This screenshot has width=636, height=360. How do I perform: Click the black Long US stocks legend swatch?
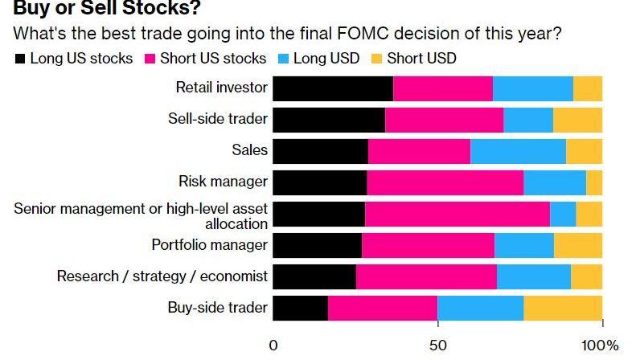point(20,59)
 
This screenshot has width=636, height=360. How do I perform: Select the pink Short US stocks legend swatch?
point(150,59)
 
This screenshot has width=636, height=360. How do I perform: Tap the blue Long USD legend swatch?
point(283,59)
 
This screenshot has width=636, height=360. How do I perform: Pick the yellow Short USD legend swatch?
point(377,59)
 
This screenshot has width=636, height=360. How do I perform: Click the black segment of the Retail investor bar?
point(333,88)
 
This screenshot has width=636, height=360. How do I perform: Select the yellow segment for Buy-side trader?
point(563,309)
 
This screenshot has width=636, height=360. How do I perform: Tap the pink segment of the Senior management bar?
point(458,214)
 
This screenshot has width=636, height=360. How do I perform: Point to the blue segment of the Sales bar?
point(518,151)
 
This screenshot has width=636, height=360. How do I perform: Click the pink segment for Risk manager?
point(445,182)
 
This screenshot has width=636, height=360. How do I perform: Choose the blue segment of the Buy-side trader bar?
point(480,309)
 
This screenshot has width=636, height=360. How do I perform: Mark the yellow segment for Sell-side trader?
point(577,120)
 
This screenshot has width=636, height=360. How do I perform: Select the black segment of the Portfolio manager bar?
point(318,245)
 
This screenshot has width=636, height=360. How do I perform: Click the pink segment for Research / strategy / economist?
point(426,276)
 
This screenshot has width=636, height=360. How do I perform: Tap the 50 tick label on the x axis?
point(437,346)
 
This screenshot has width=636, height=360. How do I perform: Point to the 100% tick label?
point(601,346)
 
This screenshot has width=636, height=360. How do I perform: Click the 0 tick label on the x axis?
point(273,346)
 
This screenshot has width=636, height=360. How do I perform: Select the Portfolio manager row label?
point(209,245)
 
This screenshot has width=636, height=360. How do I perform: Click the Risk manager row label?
point(223,182)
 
